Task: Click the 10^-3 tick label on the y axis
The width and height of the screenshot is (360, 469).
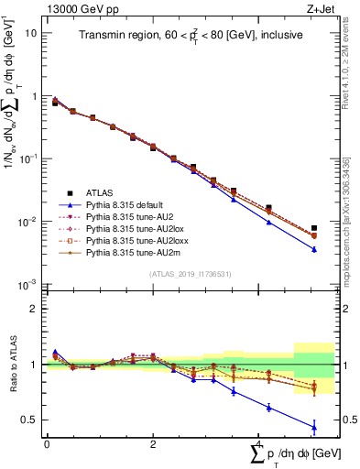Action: pos(29,284)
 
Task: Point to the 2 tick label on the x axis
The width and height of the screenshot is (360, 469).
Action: pos(152,442)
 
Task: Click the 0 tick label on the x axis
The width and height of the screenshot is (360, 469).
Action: pos(47,442)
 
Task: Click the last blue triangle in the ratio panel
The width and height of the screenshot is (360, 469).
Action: pos(314,427)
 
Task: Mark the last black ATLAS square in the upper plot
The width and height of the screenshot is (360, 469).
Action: pos(314,228)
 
